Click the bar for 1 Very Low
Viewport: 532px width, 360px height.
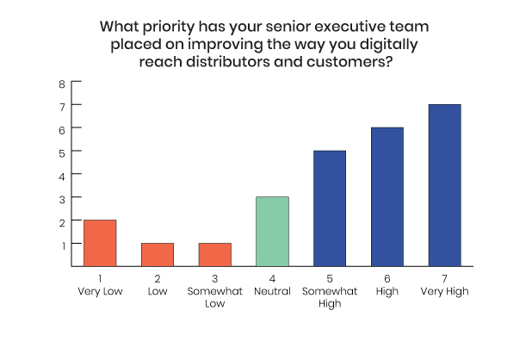(100, 243)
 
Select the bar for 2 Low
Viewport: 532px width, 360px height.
(158, 254)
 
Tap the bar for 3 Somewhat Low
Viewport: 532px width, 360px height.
(215, 254)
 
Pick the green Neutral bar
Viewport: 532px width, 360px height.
(272, 232)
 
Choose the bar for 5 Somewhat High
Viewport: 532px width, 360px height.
(330, 208)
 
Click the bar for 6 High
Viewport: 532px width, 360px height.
(387, 197)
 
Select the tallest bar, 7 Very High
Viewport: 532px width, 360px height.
(445, 185)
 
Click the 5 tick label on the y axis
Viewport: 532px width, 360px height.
(62, 153)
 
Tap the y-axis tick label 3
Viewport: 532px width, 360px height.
(62, 200)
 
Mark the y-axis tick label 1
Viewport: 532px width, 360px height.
(63, 245)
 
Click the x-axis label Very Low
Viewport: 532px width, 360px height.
(100, 291)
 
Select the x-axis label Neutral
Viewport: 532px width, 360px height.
(272, 291)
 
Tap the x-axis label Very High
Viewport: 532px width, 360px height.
(445, 291)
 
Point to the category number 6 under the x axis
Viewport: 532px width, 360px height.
(387, 278)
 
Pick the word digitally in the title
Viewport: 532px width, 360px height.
(389, 45)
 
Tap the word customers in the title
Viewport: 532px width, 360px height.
(350, 62)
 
